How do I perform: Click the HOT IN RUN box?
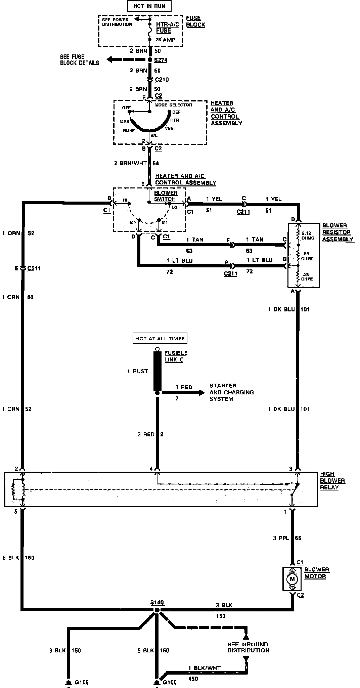coord(149,6)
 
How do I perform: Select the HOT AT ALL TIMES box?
coord(160,339)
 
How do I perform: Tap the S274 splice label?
coord(161,60)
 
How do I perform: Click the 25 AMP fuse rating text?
coord(166,40)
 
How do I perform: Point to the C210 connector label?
coord(162,80)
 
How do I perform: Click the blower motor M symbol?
coord(291,579)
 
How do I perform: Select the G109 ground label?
coord(82,683)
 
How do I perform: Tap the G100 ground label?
coord(170,683)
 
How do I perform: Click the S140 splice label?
coord(157,602)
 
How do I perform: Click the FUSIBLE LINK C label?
coord(176,356)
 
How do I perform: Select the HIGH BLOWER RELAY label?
coord(332,481)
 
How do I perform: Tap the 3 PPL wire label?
coord(281,538)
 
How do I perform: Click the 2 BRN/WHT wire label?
coord(130,163)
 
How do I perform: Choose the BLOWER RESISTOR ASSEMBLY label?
coord(337,232)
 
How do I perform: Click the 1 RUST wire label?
coord(137,371)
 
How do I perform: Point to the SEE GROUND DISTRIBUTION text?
coord(248,647)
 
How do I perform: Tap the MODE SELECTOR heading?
coord(173,105)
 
